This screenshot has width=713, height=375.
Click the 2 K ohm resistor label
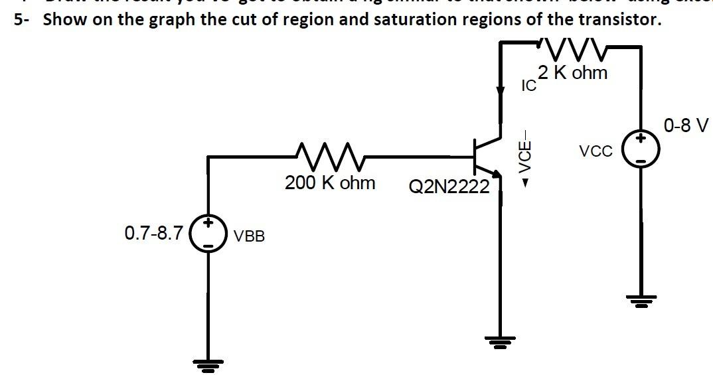click(x=572, y=73)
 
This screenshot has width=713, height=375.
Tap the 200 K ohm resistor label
click(x=330, y=183)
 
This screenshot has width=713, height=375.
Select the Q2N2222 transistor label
click(x=449, y=187)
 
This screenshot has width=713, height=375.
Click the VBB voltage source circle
click(x=208, y=234)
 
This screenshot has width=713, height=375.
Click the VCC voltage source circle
click(x=641, y=150)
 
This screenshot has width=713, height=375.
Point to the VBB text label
click(x=250, y=236)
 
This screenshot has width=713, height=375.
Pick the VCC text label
click(x=595, y=151)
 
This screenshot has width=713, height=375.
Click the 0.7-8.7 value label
click(x=153, y=233)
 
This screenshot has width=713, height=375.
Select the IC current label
click(x=528, y=86)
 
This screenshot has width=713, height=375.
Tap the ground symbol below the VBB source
click(x=208, y=364)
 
